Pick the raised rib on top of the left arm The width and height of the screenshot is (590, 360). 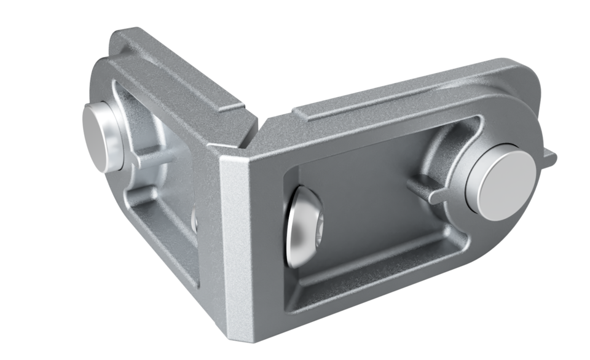(x=178, y=71)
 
